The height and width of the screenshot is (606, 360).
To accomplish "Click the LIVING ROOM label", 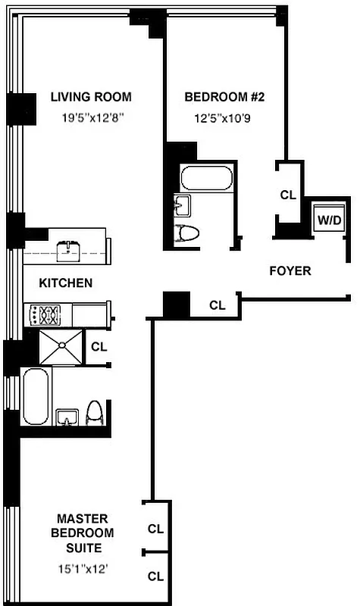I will (91, 97).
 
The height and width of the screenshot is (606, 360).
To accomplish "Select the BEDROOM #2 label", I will (224, 97).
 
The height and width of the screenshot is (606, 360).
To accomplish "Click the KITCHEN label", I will (66, 283).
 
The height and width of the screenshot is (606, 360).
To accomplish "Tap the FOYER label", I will (290, 270).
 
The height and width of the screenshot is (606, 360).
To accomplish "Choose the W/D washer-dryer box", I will (330, 220).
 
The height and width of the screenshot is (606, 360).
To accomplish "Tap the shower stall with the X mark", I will (60, 347).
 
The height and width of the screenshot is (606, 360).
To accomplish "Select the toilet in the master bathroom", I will (94, 414).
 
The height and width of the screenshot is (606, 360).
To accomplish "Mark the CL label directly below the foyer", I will (218, 306).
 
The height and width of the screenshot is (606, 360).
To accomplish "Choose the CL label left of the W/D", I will (288, 195).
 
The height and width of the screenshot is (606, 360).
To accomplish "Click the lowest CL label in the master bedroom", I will (155, 576).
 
